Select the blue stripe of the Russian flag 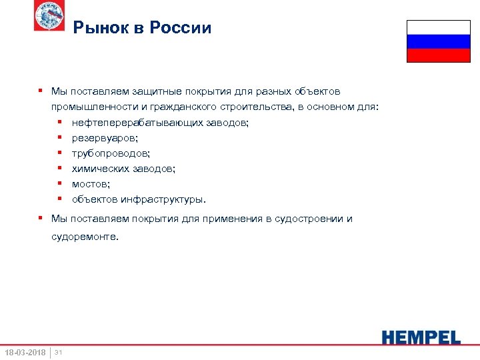[x=438, y=41]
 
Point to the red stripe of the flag [x=438, y=55]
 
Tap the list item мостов [x=91, y=184]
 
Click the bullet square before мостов [x=59, y=183]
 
